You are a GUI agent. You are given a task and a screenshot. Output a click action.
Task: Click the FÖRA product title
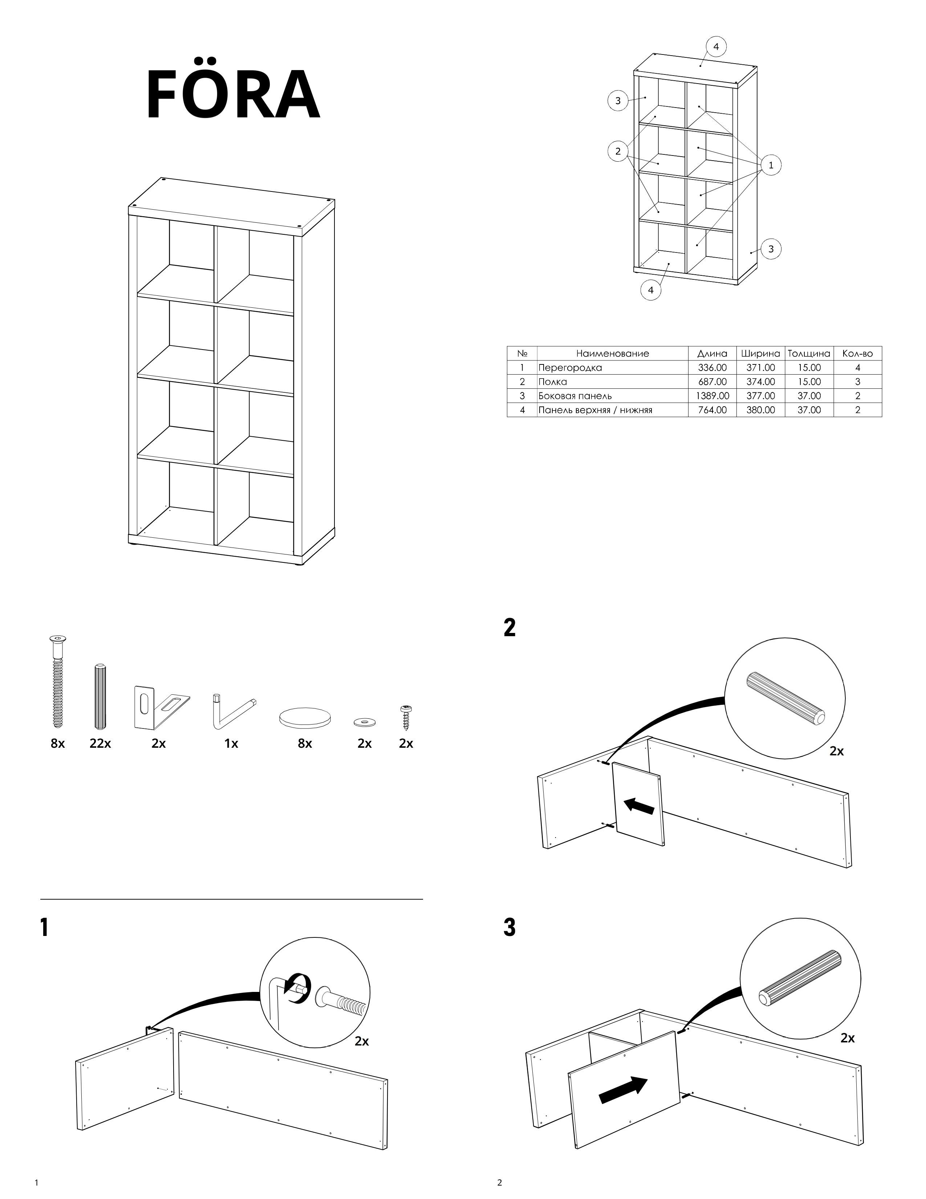pyautogui.click(x=233, y=95)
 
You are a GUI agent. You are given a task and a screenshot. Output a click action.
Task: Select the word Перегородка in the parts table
pyautogui.click(x=570, y=368)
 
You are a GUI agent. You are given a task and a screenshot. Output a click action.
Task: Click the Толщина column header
pyautogui.click(x=809, y=354)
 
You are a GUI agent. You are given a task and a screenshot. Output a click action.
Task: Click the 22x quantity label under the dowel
pyautogui.click(x=100, y=744)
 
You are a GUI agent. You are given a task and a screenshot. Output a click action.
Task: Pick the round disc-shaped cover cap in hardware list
pyautogui.click(x=305, y=717)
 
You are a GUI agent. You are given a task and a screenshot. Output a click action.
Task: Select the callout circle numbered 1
pyautogui.click(x=771, y=165)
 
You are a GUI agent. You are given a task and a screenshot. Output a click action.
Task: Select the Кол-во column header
pyautogui.click(x=857, y=354)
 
